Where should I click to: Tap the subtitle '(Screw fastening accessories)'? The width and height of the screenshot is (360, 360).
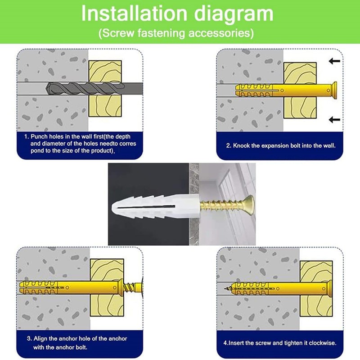pos(175,33)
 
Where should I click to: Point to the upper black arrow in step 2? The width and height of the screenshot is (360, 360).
pos(333,61)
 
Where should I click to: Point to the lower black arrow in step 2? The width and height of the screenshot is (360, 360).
pos(333,119)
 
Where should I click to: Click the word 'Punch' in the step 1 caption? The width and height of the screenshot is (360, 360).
pos(39,135)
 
